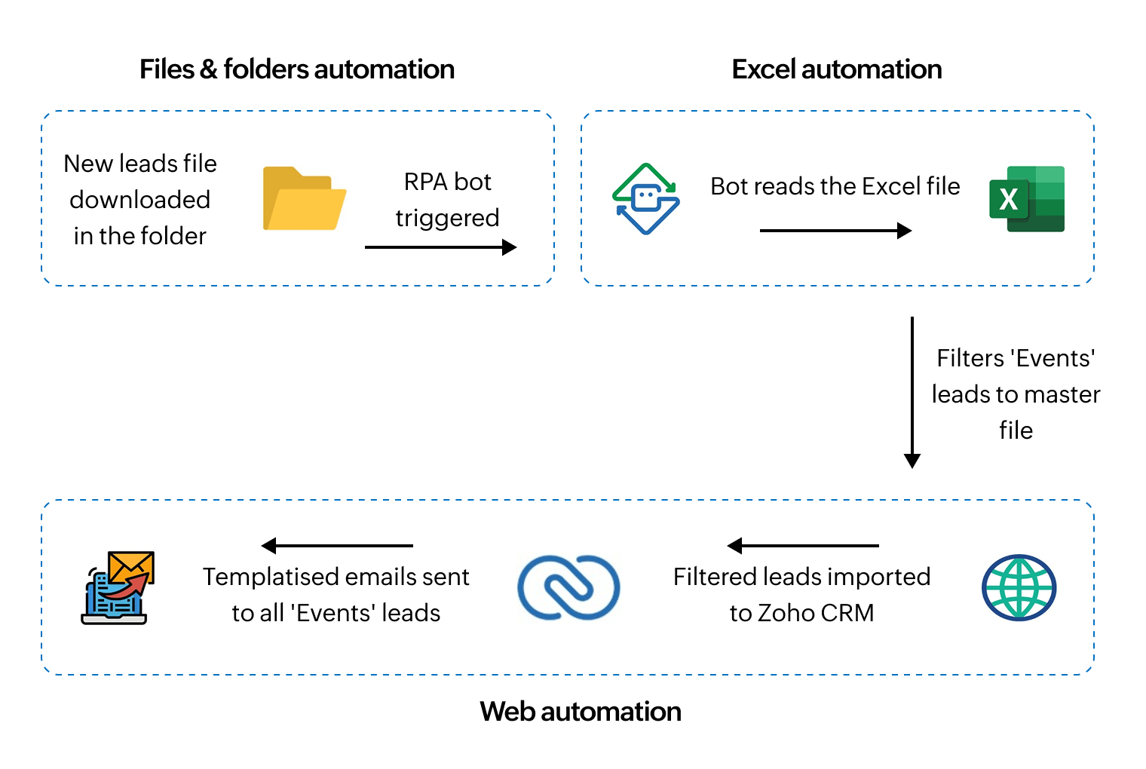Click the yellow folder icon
click(x=304, y=199)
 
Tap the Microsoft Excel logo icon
click(x=1027, y=199)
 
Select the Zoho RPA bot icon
click(x=645, y=199)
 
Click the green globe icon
click(x=1019, y=587)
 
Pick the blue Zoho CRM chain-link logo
click(x=568, y=587)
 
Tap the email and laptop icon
click(x=118, y=587)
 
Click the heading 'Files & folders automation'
click(x=297, y=69)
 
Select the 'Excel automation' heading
click(x=836, y=69)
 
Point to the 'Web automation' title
click(x=580, y=712)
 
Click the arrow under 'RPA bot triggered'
click(x=440, y=247)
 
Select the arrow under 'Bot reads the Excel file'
click(x=835, y=231)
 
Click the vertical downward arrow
click(x=912, y=392)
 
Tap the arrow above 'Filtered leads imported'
click(x=803, y=545)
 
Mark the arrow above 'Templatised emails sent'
click(x=337, y=545)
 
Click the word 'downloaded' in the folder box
click(x=139, y=200)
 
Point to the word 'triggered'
click(x=447, y=218)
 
